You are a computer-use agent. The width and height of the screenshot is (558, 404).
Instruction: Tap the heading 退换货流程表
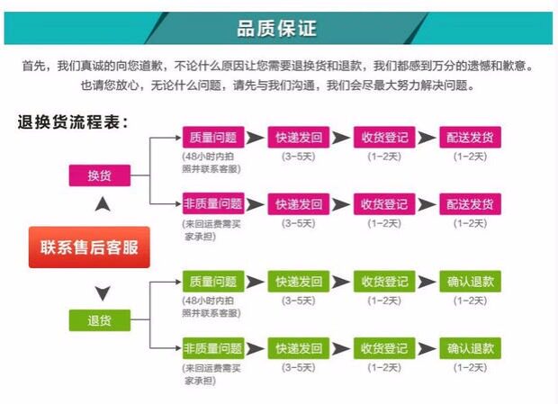coord(74,121)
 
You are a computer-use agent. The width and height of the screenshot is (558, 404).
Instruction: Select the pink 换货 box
coord(99,175)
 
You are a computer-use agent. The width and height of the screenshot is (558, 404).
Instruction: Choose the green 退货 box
coord(99,319)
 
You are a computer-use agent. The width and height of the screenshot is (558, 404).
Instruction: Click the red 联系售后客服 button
coord(88,246)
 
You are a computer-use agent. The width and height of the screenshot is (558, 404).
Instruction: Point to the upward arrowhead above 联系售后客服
coord(103,204)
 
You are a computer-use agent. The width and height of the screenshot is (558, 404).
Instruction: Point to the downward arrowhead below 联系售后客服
coord(103,292)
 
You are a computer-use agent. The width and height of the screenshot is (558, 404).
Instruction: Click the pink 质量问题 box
coord(212,138)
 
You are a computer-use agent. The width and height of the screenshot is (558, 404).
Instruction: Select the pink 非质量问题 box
coord(212,204)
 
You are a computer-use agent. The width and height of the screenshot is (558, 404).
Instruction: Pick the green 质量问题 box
coord(212,281)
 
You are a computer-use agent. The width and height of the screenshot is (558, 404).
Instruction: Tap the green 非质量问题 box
coord(212,348)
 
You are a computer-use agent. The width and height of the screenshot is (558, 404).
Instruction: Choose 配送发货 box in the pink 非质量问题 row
coord(470,204)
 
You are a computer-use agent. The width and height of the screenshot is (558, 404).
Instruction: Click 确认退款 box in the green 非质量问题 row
coord(470,348)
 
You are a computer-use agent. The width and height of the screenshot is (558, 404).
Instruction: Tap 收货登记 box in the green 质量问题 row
coord(384,281)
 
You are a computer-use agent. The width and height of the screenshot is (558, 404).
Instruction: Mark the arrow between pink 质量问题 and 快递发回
coord(256,138)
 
